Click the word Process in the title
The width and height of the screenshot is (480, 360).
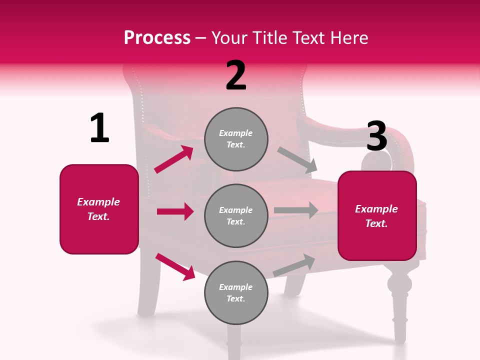point(157,37)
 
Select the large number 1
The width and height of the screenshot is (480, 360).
point(99,128)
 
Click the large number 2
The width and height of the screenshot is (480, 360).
point(236,75)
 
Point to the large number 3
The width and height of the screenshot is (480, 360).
point(376,136)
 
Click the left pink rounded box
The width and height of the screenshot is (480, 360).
point(99,209)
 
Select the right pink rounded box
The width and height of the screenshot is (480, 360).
point(377,215)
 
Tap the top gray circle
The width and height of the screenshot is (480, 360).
point(236,139)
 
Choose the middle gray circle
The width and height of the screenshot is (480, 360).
point(236,215)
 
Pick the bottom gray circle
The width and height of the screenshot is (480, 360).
point(236,292)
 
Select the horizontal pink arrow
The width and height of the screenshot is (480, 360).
point(175,211)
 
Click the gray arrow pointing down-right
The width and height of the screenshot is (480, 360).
point(297,160)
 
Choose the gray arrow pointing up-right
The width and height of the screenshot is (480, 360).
point(294,265)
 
